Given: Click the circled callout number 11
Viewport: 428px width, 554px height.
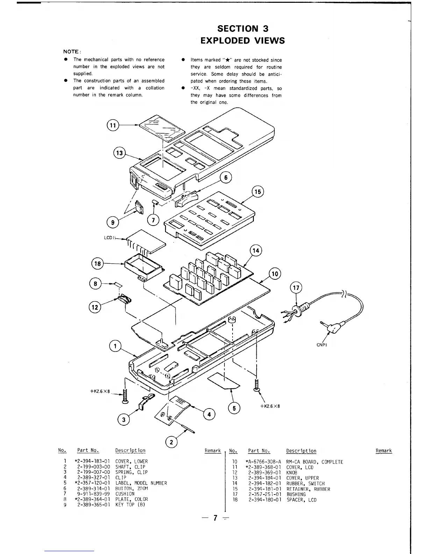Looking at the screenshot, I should pyautogui.click(x=112, y=125).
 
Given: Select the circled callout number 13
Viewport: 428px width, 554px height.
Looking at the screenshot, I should pyautogui.click(x=120, y=153).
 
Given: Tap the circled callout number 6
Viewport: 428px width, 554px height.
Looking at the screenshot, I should pyautogui.click(x=226, y=178).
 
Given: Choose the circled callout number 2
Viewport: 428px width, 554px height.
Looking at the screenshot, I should pyautogui.click(x=171, y=442).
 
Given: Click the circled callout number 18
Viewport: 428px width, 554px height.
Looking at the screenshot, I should pyautogui.click(x=98, y=263).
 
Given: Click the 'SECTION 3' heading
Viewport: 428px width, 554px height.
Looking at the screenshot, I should pyautogui.click(x=242, y=28).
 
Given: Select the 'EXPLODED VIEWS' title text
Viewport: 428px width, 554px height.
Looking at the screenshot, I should pyautogui.click(x=242, y=41).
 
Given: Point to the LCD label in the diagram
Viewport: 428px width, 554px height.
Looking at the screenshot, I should pyautogui.click(x=109, y=238).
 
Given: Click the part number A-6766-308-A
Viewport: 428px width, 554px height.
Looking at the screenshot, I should pyautogui.click(x=264, y=462).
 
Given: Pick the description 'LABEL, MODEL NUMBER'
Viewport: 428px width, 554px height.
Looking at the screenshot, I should pyautogui.click(x=141, y=483).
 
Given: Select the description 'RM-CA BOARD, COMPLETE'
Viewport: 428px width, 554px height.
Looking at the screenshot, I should pyautogui.click(x=314, y=462).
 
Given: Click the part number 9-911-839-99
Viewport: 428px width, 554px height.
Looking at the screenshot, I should pyautogui.click(x=93, y=494).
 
